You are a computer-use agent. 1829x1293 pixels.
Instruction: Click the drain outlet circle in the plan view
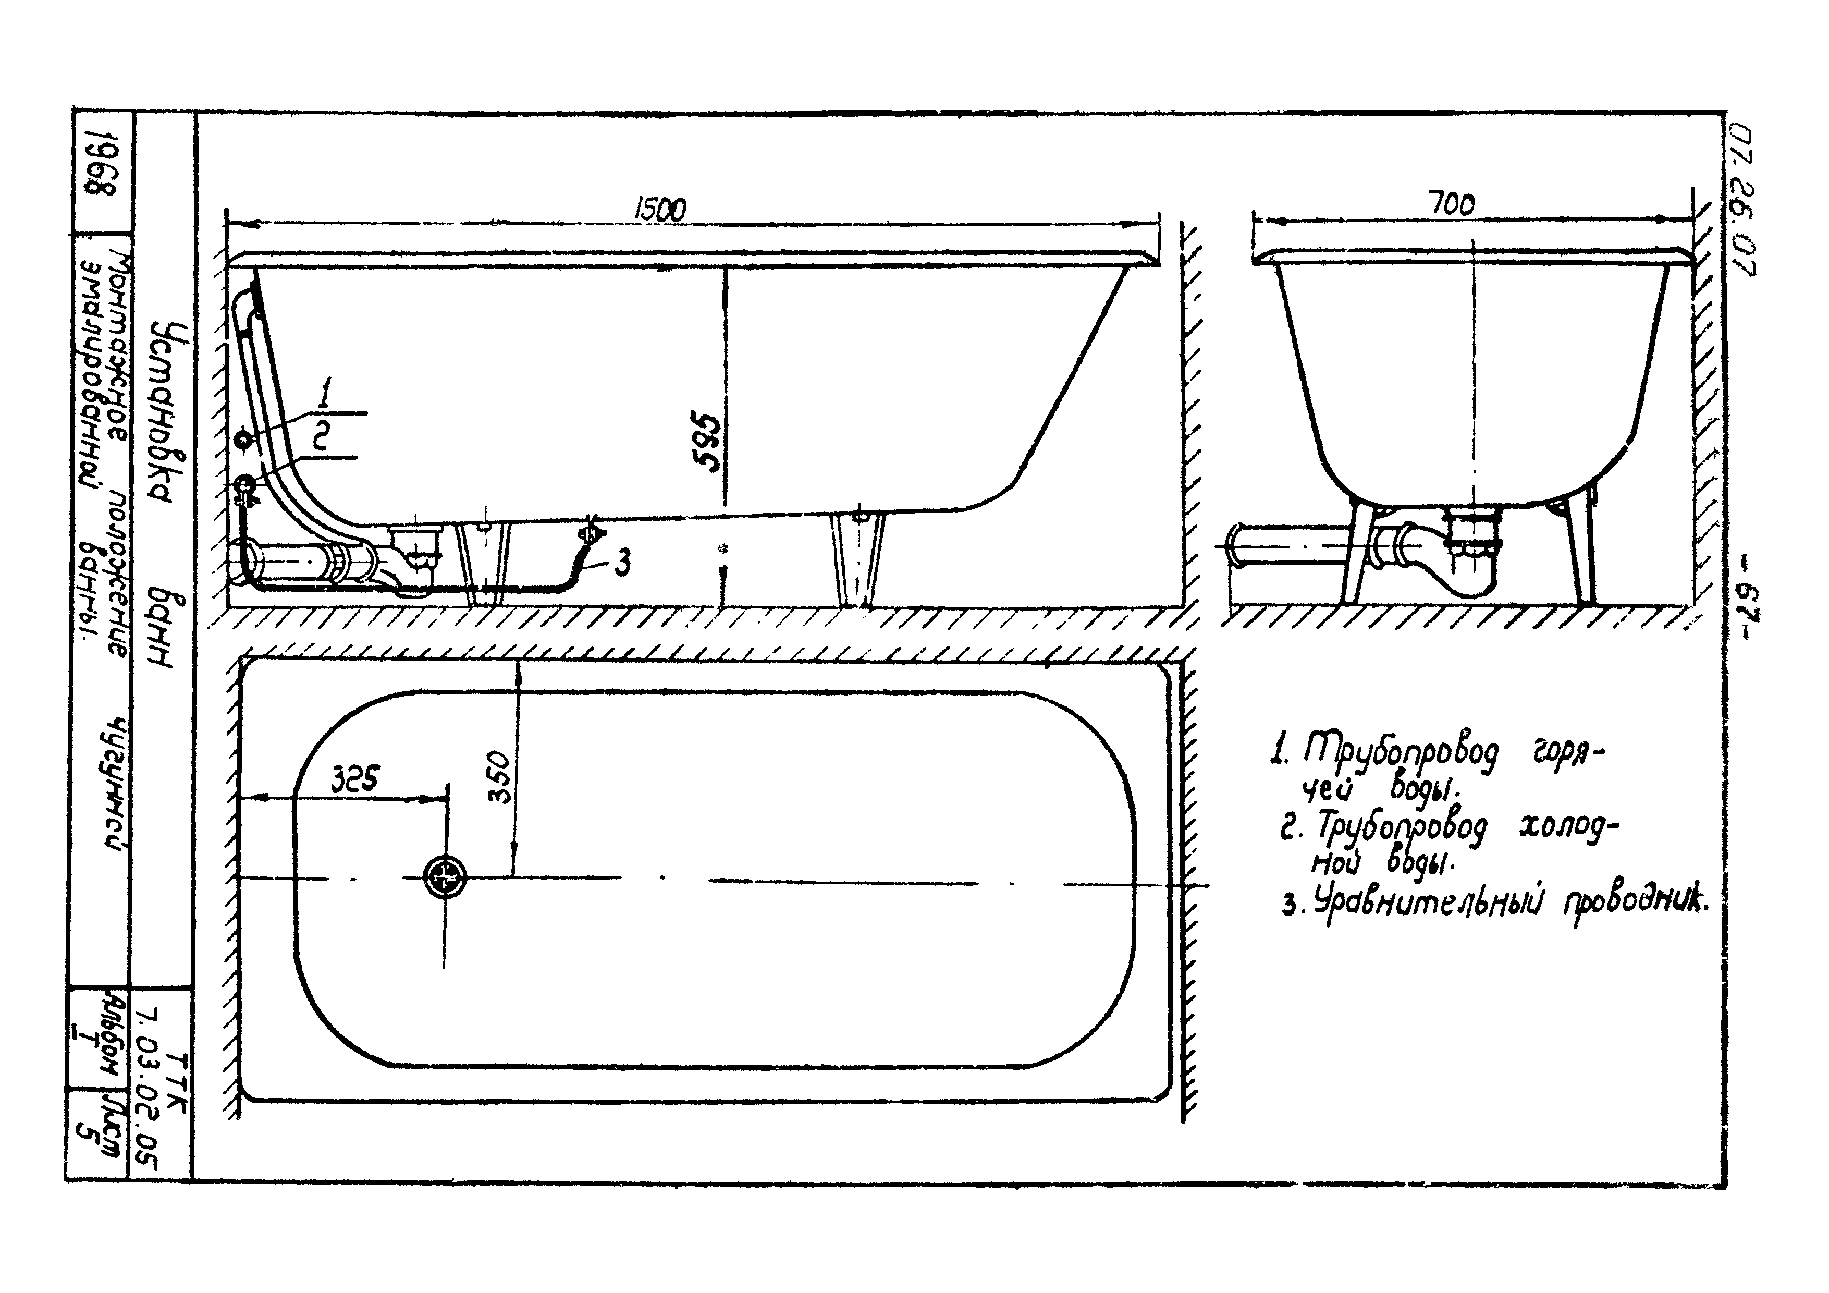coord(445,876)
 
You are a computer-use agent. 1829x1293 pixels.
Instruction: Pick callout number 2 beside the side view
coord(320,436)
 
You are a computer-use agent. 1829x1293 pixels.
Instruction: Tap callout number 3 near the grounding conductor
coord(623,563)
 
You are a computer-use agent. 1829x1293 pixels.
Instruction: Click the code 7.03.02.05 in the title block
coord(149,1088)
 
